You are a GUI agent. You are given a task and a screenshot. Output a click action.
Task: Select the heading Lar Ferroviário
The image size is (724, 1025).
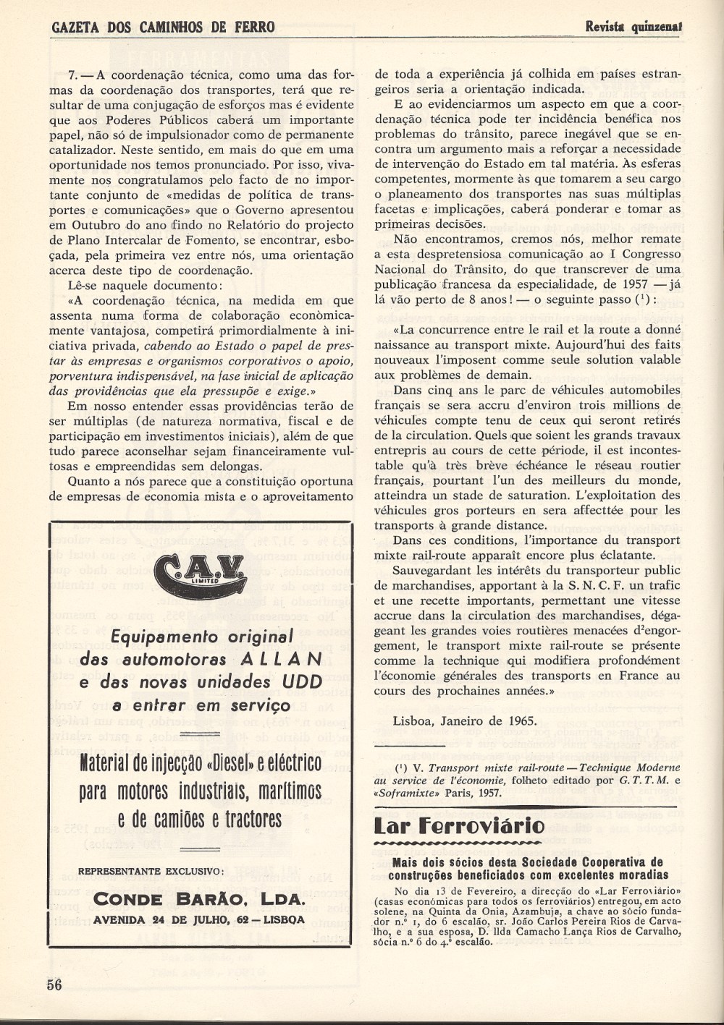point(459,825)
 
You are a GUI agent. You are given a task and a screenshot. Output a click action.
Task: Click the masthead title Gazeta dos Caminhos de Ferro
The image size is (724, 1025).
point(164,27)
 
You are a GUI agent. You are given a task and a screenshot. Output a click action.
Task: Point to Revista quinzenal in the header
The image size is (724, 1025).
point(635,27)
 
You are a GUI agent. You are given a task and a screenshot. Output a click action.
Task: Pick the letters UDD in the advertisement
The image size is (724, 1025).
point(303,682)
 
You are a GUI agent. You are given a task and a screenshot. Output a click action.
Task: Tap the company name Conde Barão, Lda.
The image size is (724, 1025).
point(199,899)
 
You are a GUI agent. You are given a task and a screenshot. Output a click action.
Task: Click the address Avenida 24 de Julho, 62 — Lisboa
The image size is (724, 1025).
point(199,920)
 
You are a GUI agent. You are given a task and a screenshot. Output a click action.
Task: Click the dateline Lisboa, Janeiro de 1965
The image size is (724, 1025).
point(465,721)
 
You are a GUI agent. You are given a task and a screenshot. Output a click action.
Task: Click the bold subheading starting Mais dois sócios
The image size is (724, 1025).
point(527,869)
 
